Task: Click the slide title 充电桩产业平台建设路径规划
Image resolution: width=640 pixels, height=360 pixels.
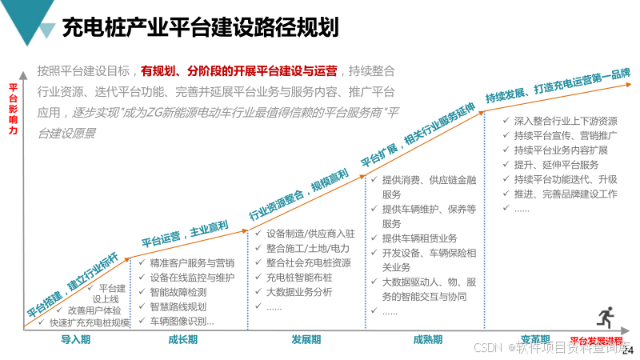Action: pos(200,28)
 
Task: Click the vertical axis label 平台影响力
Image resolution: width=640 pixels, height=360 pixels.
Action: pos(13,108)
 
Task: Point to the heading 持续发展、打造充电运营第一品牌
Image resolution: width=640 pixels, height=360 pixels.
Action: pos(557,85)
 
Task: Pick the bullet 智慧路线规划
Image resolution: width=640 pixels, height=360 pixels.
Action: pos(178,306)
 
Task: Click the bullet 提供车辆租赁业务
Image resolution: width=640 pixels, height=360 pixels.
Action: pos(419,238)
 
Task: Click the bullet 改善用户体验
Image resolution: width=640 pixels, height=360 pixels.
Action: pos(94,310)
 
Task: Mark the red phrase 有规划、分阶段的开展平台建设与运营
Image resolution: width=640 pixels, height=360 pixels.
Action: pos(238,70)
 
